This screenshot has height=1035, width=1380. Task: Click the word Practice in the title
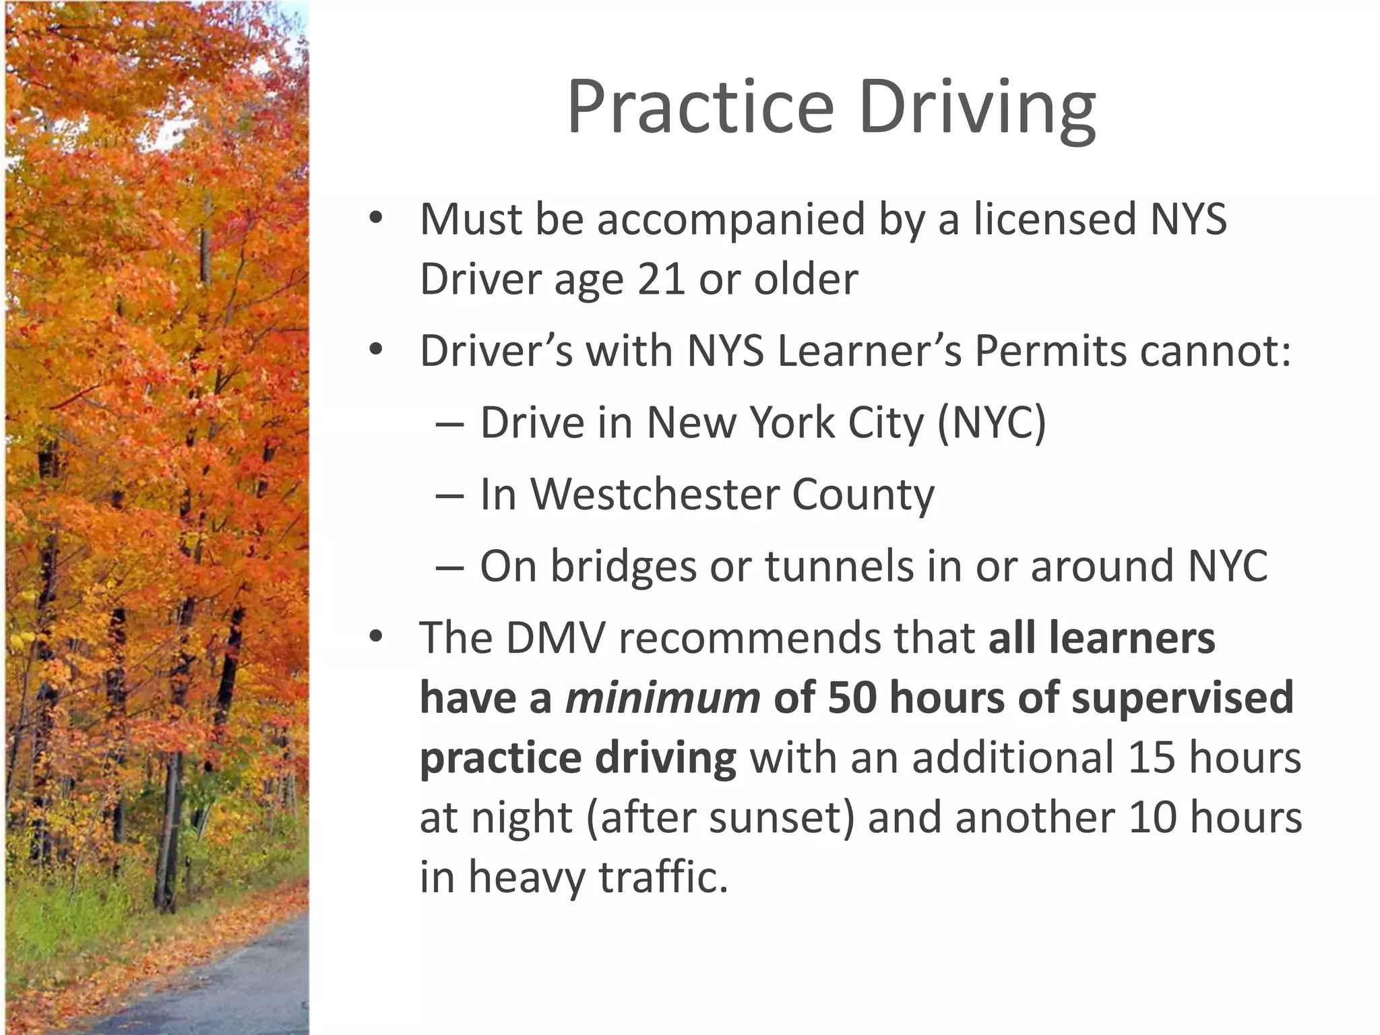tap(701, 108)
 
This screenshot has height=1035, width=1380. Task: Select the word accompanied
tap(730, 220)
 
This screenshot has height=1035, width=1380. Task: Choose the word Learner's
tap(870, 351)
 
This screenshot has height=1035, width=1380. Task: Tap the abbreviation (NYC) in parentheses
tap(991, 423)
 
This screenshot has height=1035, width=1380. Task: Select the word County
tap(863, 495)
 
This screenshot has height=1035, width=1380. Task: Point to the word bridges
tap(623, 566)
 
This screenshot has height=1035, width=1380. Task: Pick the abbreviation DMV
tap(555, 637)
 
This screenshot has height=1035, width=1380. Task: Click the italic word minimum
tap(663, 697)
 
